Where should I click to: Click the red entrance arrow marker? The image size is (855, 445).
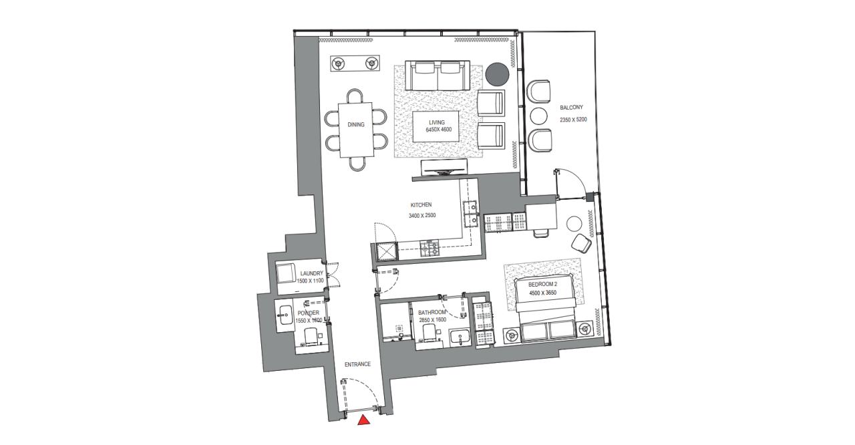(x=364, y=420)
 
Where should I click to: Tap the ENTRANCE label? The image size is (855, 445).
(x=357, y=364)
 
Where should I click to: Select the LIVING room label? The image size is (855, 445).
(x=436, y=122)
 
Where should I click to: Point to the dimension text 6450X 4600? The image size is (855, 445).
(x=439, y=130)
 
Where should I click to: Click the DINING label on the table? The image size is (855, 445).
(x=355, y=124)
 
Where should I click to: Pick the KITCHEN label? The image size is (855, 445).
(x=421, y=205)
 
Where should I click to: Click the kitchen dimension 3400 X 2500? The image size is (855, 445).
(x=421, y=216)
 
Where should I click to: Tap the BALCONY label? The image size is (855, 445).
(x=572, y=108)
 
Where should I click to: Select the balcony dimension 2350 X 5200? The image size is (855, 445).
(x=573, y=120)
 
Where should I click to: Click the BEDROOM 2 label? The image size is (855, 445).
(x=542, y=285)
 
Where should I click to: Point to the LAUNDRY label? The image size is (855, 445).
(x=312, y=273)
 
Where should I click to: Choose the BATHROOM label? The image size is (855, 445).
(x=432, y=312)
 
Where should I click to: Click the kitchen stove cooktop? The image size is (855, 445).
(x=429, y=249)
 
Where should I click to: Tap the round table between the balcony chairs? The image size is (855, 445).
(x=538, y=115)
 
